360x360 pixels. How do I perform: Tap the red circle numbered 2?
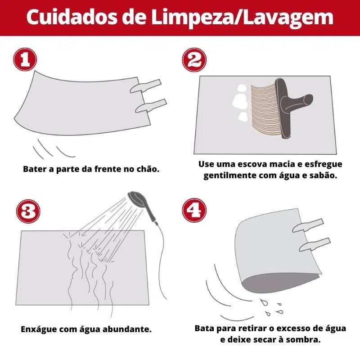[194, 60]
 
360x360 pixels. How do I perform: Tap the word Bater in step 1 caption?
[34, 170]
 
